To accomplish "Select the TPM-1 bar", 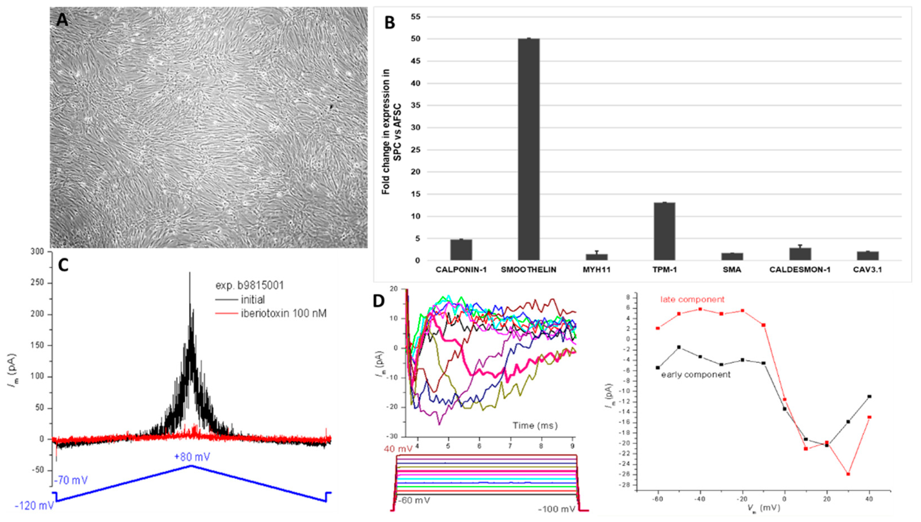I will pyautogui.click(x=664, y=231).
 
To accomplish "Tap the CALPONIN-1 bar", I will pyautogui.click(x=461, y=250).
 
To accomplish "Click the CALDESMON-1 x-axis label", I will pyautogui.click(x=800, y=270).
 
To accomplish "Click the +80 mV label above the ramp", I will pyautogui.click(x=192, y=457).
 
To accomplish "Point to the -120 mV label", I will pyautogui.click(x=34, y=506).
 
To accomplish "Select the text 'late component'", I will pyautogui.click(x=692, y=299).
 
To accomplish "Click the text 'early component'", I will pyautogui.click(x=696, y=375).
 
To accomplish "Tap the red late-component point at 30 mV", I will pyautogui.click(x=848, y=474).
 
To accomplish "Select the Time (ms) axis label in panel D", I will pyautogui.click(x=535, y=426).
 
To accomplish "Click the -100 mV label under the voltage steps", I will pyautogui.click(x=556, y=509).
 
